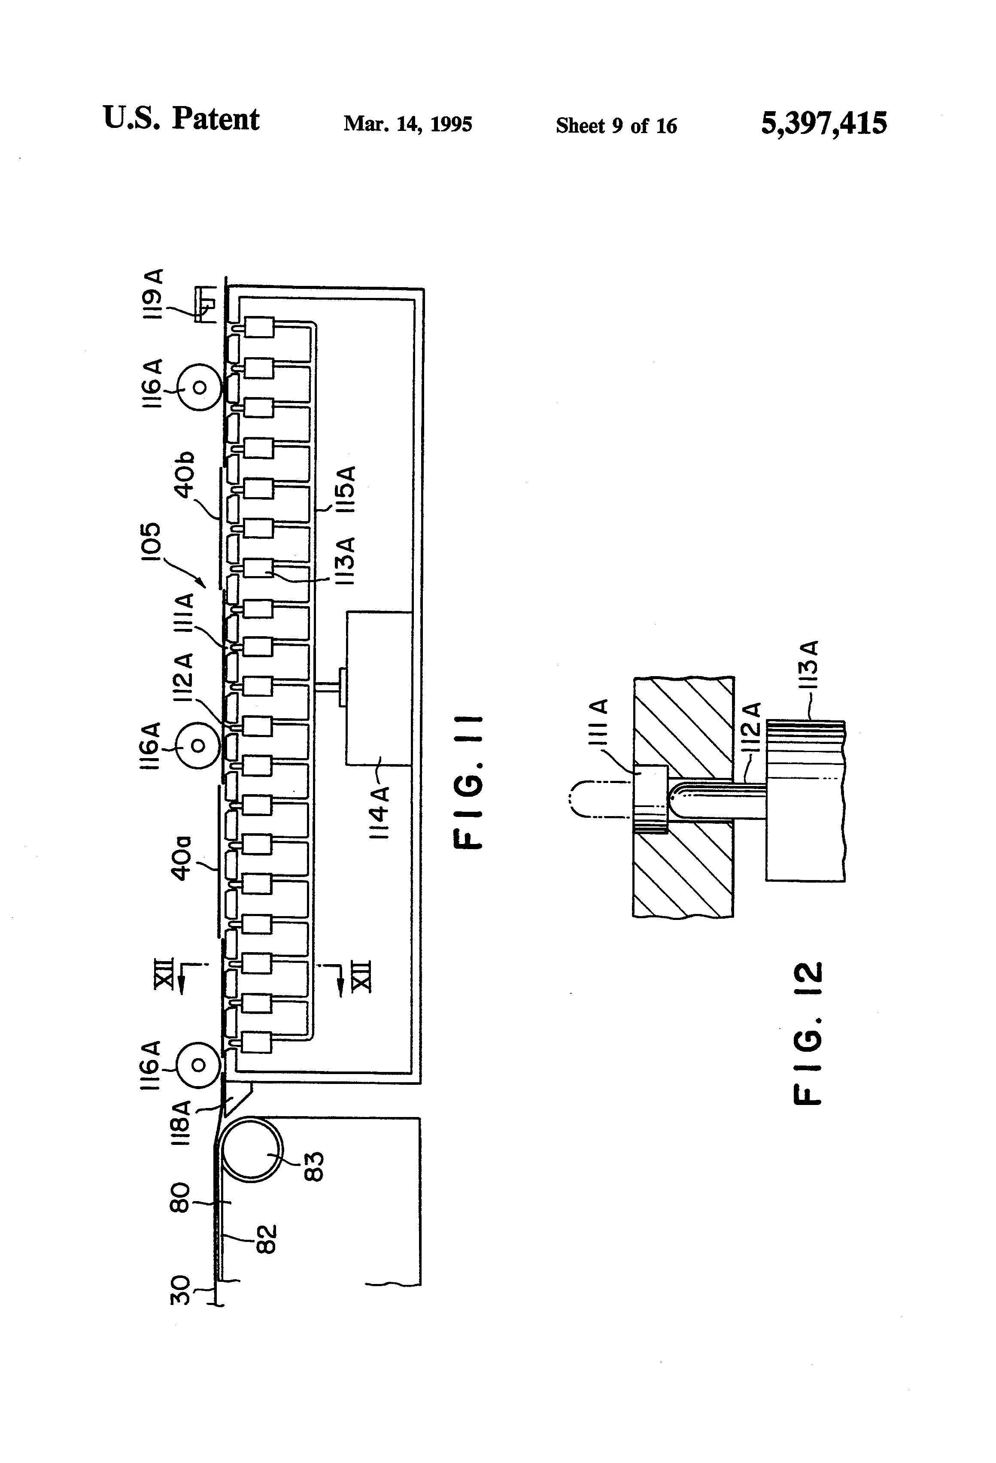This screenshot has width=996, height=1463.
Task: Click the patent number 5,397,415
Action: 823,123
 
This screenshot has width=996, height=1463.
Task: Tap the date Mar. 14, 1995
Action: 407,124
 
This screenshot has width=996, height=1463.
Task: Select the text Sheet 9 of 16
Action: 616,126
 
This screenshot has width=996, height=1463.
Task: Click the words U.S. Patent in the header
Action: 181,119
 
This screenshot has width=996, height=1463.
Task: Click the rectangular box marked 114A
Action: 378,688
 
